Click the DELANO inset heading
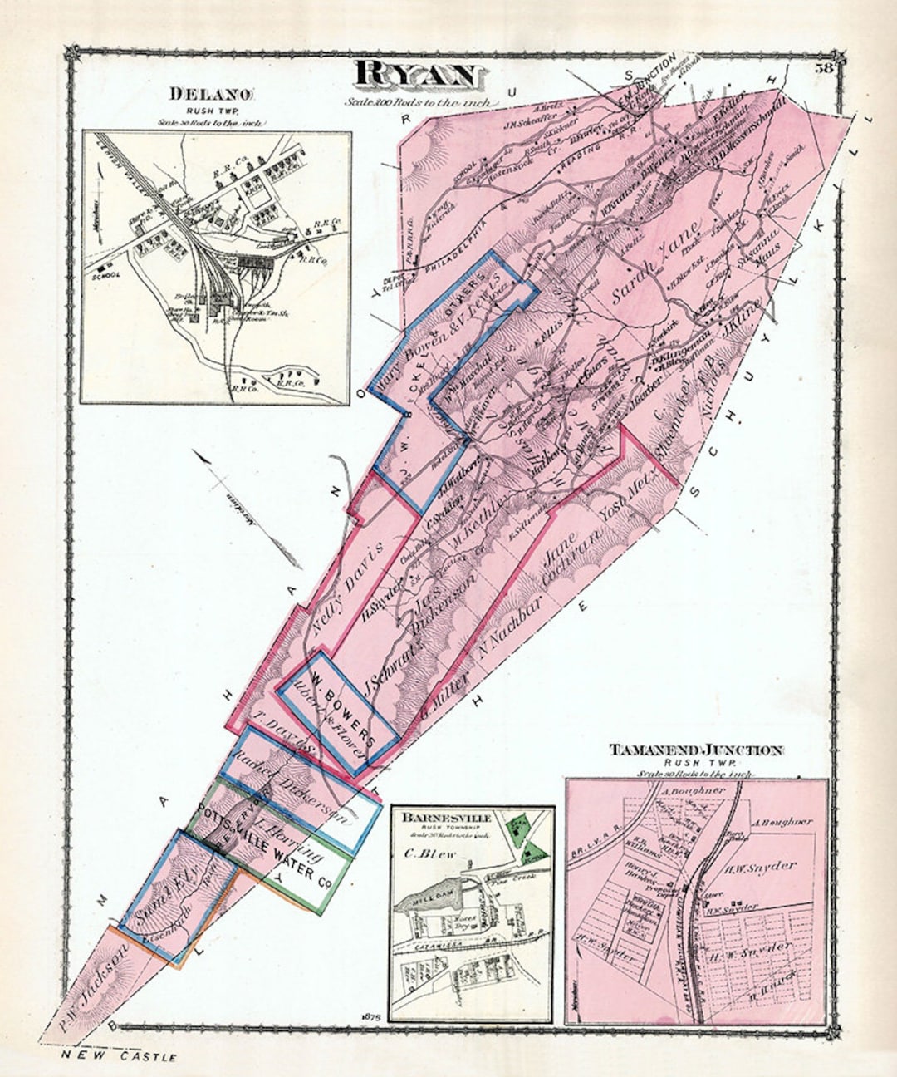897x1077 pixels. pyautogui.click(x=214, y=95)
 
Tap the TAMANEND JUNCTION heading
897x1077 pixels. pyautogui.click(x=696, y=750)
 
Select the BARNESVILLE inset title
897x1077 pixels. pyautogui.click(x=447, y=818)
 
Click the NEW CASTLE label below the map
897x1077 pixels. pyautogui.click(x=120, y=1057)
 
